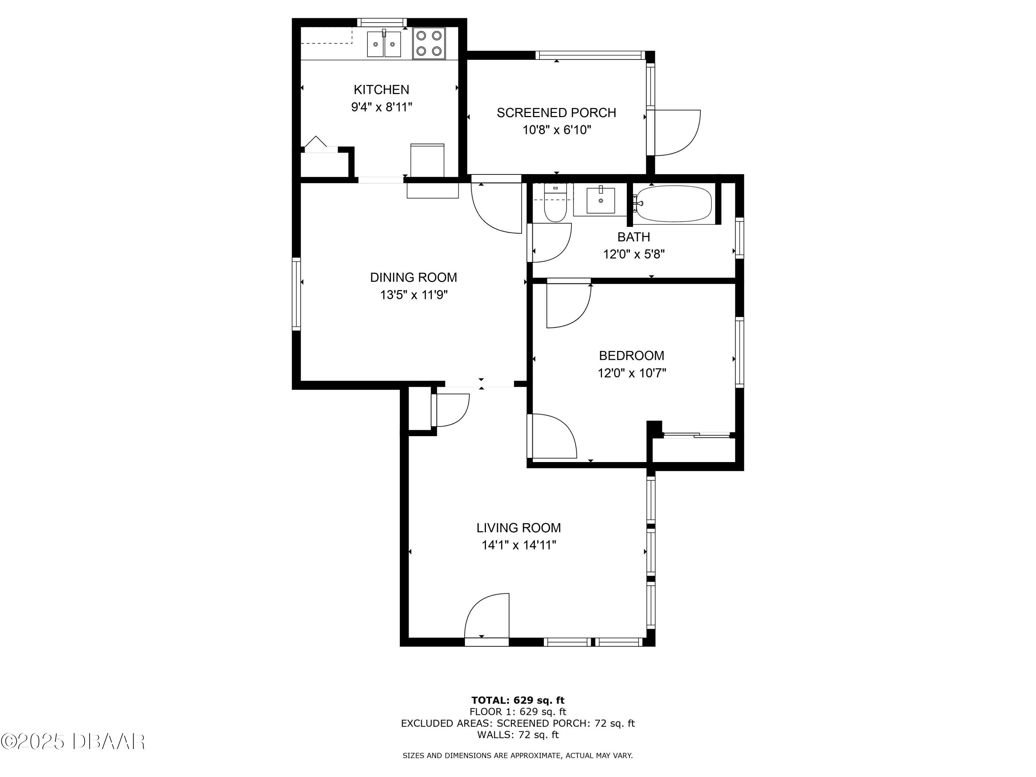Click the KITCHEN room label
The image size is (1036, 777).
point(381,89)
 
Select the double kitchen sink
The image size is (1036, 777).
point(384,44)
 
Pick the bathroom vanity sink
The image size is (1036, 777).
point(601,200)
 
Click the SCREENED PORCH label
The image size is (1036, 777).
point(556,113)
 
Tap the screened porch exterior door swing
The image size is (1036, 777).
point(674,133)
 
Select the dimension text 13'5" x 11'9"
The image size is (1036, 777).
point(414,295)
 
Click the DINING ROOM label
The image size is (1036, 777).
point(414,278)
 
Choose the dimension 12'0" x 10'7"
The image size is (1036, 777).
point(632,373)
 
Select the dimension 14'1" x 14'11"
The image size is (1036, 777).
point(519,546)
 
